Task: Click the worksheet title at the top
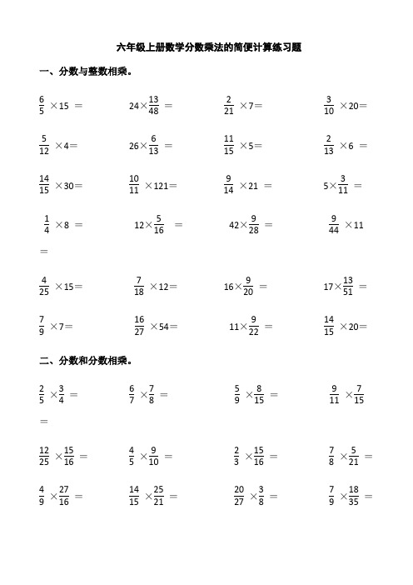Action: coord(208,47)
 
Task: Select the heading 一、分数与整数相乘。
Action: coord(81,72)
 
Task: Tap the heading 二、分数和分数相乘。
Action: coord(81,361)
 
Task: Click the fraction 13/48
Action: coord(154,106)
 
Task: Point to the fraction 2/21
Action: coord(229,106)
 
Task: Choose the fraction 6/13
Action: coord(153,145)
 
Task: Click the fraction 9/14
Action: coord(229,185)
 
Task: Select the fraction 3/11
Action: coord(342,185)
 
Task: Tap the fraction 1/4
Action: coord(46,224)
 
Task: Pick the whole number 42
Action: coord(236,224)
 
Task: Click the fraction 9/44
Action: coord(334,224)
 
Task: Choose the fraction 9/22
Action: coord(253,326)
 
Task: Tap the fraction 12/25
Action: coord(44,457)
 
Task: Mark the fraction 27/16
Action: coord(66,497)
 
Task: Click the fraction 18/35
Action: coord(353,497)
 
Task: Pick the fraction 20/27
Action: coord(239,497)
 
